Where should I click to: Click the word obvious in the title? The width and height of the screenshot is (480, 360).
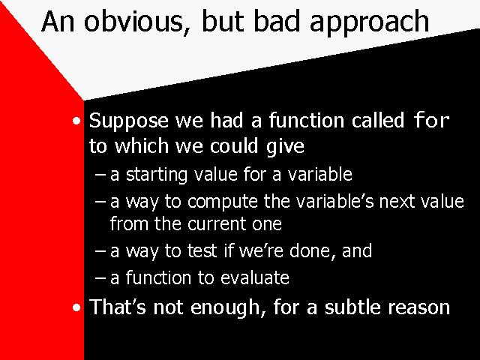point(134,22)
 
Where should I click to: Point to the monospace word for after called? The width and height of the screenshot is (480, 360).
point(431,120)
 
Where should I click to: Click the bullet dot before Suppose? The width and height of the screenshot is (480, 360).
point(76,121)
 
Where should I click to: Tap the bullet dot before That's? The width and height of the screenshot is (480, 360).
point(76,307)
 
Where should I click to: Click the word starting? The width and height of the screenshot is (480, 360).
point(157,175)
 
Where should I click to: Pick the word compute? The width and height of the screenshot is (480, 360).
point(223,202)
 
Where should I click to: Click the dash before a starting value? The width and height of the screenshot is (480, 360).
point(100,175)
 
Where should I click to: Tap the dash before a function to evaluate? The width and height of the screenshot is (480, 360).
point(100,278)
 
